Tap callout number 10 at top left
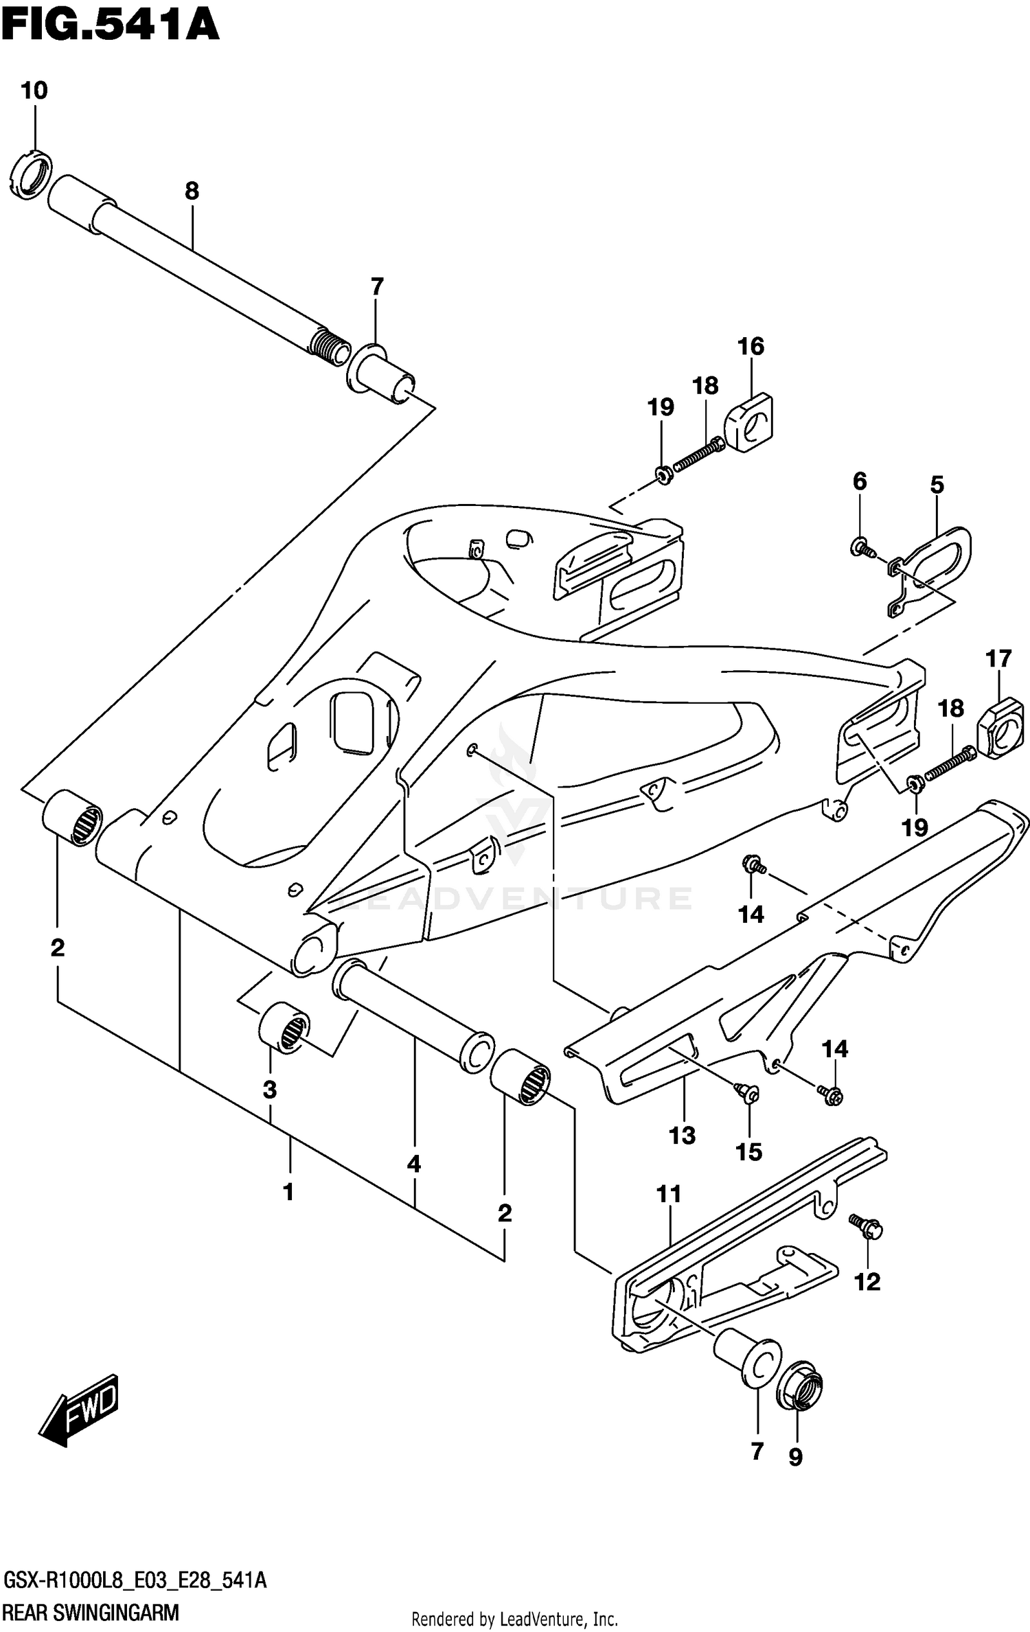(34, 91)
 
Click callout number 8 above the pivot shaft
(192, 191)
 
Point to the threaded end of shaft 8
(331, 346)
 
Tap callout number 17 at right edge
(998, 659)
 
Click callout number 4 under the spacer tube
(413, 1164)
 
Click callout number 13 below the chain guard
(682, 1135)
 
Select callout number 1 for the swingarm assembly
(288, 1192)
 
